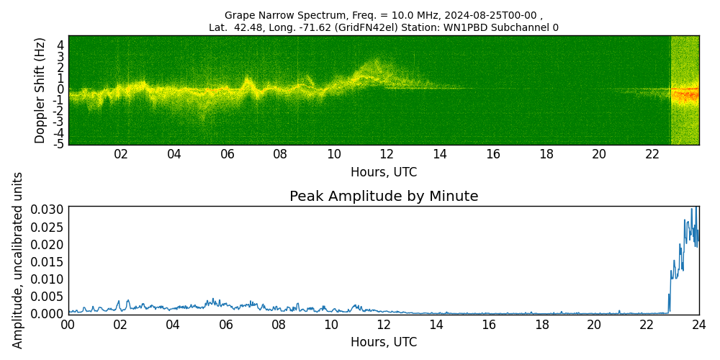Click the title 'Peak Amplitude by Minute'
coord(384,196)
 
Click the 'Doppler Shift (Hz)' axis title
coord(40,90)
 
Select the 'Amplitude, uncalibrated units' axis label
coord(18,260)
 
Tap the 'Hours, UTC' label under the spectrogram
coord(384,172)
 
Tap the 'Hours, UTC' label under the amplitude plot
coord(384,342)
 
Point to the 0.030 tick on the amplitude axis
coord(48,210)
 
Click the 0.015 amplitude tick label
coord(48,261)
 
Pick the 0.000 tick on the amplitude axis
coord(48,313)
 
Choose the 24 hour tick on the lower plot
coord(698,325)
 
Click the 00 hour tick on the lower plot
coord(68,325)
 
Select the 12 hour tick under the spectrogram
coord(387,154)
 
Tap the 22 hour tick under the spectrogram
coord(652,154)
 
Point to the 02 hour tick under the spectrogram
coord(121,154)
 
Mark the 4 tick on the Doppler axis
coord(61,46)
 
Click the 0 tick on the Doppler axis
coord(61,89)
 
